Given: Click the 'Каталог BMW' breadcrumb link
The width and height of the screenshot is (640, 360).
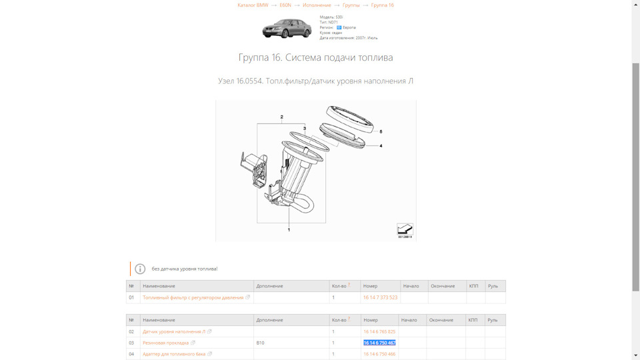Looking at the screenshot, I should (x=253, y=5).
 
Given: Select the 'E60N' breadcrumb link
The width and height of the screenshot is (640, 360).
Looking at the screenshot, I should (x=285, y=5).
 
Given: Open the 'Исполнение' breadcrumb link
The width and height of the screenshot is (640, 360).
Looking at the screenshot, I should (x=317, y=5).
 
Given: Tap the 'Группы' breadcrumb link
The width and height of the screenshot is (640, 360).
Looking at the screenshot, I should (x=351, y=5).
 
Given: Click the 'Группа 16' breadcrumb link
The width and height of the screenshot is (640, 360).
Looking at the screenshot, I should (x=382, y=5).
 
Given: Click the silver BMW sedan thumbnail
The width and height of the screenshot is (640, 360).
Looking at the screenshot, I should (x=287, y=28).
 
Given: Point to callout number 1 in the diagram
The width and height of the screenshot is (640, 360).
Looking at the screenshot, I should (x=289, y=229).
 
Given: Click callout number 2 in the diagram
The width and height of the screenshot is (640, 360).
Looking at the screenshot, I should (x=282, y=117).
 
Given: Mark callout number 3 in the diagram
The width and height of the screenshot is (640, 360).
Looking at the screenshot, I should (x=305, y=128).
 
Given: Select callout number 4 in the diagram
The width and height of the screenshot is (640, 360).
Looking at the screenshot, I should (x=381, y=145).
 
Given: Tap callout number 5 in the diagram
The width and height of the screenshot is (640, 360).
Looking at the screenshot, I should (x=381, y=132).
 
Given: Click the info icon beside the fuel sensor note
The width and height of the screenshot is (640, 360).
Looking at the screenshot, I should (x=140, y=269).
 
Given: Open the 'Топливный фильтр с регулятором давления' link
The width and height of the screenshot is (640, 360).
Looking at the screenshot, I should (x=193, y=297).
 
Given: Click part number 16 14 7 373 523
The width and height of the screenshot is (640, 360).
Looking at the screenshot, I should (x=380, y=297).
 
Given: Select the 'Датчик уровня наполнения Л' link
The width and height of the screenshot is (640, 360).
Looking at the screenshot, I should (x=174, y=331).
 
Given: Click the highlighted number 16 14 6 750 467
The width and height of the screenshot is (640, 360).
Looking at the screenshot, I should (x=379, y=343).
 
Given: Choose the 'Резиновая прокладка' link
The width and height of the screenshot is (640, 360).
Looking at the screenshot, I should (x=166, y=343).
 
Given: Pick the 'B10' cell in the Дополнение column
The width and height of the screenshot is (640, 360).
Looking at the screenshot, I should (x=261, y=343).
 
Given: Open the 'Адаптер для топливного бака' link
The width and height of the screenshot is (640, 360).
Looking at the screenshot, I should (x=174, y=354).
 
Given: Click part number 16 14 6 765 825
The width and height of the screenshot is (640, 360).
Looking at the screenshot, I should (x=379, y=331).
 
